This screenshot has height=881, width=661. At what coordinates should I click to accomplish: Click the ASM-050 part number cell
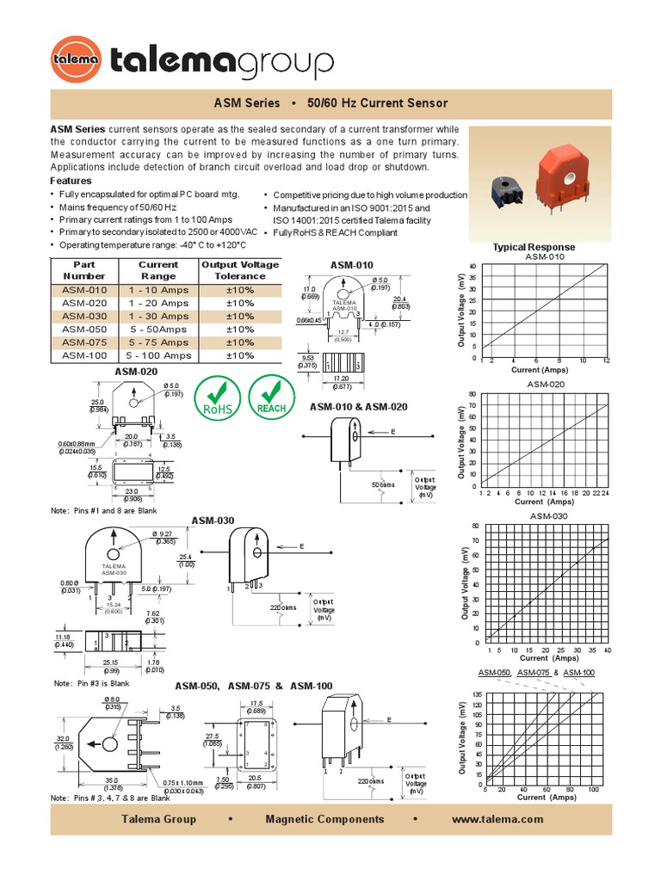[x=84, y=330]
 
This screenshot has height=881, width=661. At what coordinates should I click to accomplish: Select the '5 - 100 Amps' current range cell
[x=158, y=355]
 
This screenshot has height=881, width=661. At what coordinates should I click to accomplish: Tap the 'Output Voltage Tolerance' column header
[x=240, y=270]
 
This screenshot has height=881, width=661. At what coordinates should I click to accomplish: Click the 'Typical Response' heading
[x=534, y=247]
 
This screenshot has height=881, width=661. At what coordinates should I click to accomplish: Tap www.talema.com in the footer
[x=497, y=819]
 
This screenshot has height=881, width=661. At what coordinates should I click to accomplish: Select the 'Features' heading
[x=71, y=182]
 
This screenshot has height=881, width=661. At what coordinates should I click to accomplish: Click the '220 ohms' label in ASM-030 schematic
[x=284, y=607]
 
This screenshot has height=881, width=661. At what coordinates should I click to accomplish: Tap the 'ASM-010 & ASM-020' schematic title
[x=358, y=407]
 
